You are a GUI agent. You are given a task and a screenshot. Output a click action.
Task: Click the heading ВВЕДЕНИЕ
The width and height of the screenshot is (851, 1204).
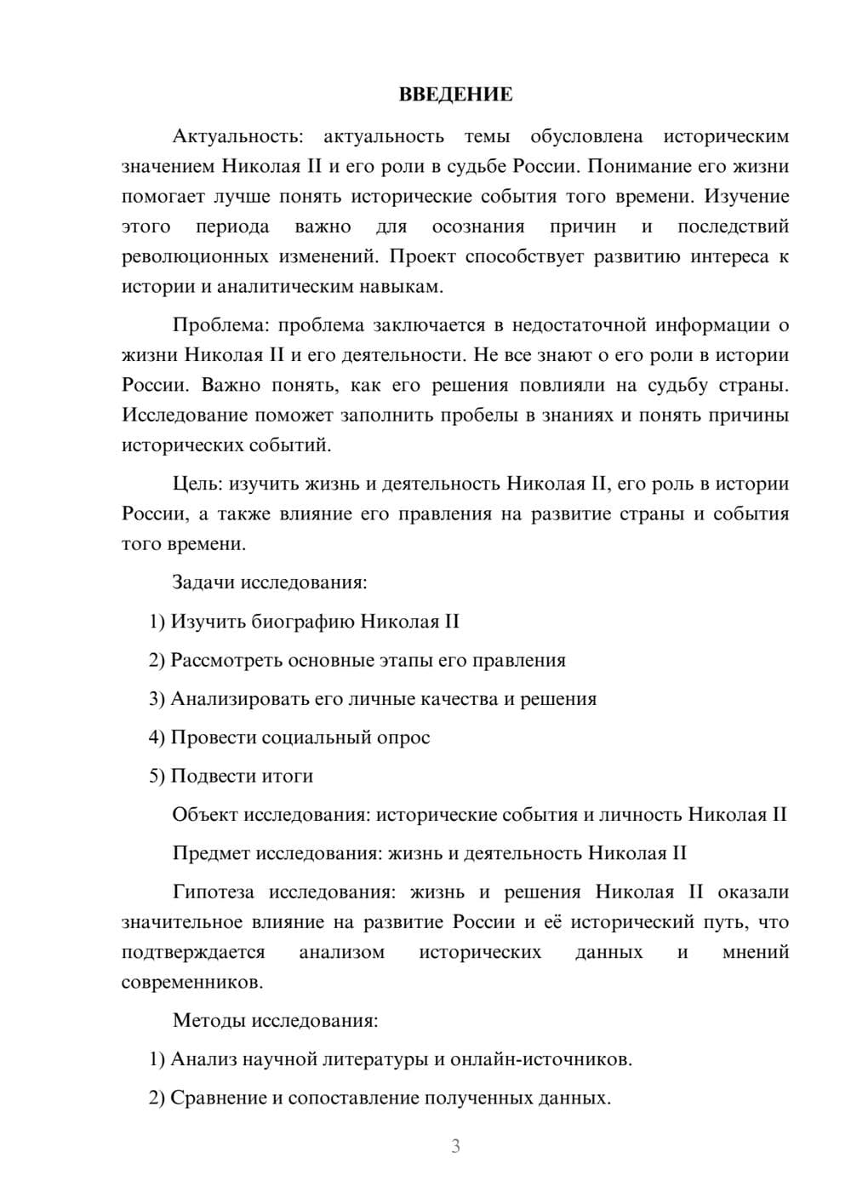(x=455, y=95)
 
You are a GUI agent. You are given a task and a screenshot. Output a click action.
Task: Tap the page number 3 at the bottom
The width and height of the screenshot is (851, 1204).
(x=455, y=1146)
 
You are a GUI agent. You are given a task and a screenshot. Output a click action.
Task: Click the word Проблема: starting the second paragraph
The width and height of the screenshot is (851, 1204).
(x=221, y=325)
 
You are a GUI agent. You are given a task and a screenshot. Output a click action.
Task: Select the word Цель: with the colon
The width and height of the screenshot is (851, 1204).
(x=199, y=484)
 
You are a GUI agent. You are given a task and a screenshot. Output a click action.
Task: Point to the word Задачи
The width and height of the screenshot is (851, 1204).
(x=203, y=582)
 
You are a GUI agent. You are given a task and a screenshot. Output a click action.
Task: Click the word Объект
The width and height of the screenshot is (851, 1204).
(x=205, y=815)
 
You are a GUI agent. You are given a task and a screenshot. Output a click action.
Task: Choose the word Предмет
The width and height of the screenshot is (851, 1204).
(x=211, y=853)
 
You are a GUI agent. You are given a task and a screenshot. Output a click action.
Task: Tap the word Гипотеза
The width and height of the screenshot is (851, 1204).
(x=213, y=892)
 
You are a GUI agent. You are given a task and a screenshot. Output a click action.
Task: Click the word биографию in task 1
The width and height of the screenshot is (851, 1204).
(x=303, y=622)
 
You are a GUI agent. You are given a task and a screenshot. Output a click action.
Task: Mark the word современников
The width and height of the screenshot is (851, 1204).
(x=192, y=982)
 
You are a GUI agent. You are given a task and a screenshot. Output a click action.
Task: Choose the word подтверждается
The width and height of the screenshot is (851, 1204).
(x=193, y=952)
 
